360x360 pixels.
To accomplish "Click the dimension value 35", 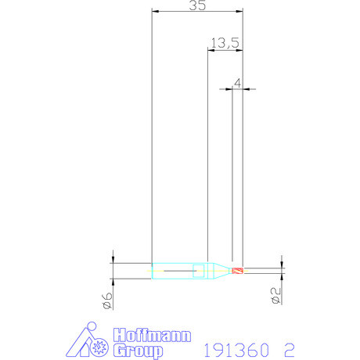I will (x=197, y=6).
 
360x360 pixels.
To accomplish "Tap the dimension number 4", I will (x=237, y=81).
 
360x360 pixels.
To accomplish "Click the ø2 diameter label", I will (x=275, y=296).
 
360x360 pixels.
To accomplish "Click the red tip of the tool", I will (x=239, y=272).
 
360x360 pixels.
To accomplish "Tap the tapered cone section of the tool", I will (x=220, y=272).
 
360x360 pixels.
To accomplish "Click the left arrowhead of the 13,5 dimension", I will (x=210, y=50).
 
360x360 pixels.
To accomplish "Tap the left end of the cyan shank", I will (x=153, y=272).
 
